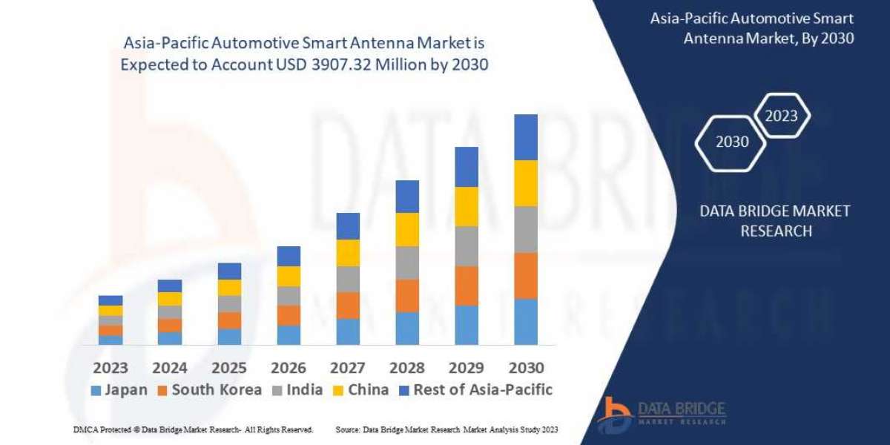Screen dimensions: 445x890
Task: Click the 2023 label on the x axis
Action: (111, 367)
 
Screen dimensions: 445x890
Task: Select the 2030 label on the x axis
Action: (526, 367)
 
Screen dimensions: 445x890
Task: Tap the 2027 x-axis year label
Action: (348, 367)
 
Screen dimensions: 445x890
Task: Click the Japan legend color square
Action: (96, 390)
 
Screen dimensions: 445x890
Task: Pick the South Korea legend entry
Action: (210, 390)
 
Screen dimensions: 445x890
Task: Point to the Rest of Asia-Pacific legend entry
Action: (475, 390)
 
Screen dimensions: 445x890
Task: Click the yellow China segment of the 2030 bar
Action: (526, 183)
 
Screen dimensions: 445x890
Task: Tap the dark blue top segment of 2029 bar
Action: (467, 167)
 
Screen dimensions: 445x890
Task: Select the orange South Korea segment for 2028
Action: (407, 295)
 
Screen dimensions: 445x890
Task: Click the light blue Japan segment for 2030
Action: (526, 321)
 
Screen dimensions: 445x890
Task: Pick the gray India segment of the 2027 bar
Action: (348, 279)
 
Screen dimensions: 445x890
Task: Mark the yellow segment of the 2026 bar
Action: (289, 276)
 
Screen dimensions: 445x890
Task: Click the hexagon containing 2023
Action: (781, 116)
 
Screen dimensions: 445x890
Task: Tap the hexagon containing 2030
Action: (732, 142)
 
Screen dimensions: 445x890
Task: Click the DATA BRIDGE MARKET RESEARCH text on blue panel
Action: (775, 221)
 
